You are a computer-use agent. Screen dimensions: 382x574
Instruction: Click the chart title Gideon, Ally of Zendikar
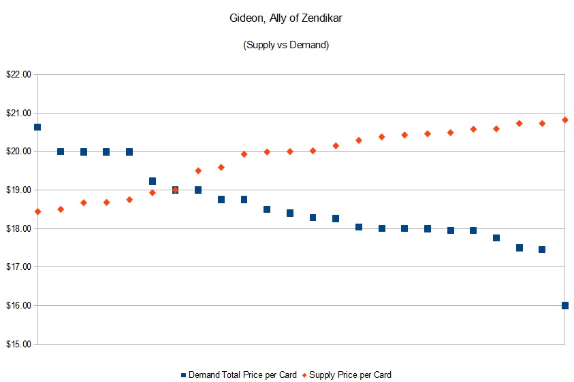(286, 18)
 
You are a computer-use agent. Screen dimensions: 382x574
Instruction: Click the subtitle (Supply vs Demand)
(286, 45)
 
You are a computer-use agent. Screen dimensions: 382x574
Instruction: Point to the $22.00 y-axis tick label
(18, 75)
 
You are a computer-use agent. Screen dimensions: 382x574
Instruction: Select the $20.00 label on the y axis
(18, 152)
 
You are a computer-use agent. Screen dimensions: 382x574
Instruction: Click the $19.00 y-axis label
(18, 190)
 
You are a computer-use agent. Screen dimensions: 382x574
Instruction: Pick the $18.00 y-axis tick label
(18, 228)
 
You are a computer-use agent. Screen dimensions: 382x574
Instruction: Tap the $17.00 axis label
(18, 267)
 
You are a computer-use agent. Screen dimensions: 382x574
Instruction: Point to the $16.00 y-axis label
(18, 306)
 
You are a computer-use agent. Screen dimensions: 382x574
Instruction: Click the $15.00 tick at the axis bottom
(18, 344)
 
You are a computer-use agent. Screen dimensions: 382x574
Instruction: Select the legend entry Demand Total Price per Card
(242, 375)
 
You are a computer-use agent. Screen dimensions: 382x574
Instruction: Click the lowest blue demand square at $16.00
(565, 305)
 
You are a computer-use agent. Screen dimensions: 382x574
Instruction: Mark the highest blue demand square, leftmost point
(37, 127)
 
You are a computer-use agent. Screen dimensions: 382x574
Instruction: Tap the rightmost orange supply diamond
(565, 120)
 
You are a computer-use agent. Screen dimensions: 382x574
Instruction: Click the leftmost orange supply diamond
(37, 211)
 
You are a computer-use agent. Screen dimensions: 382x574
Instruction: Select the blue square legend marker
(184, 375)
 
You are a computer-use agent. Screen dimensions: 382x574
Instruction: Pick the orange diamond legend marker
(305, 375)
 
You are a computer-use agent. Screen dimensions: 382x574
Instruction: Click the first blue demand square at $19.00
(175, 190)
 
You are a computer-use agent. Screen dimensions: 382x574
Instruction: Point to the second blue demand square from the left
(61, 152)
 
